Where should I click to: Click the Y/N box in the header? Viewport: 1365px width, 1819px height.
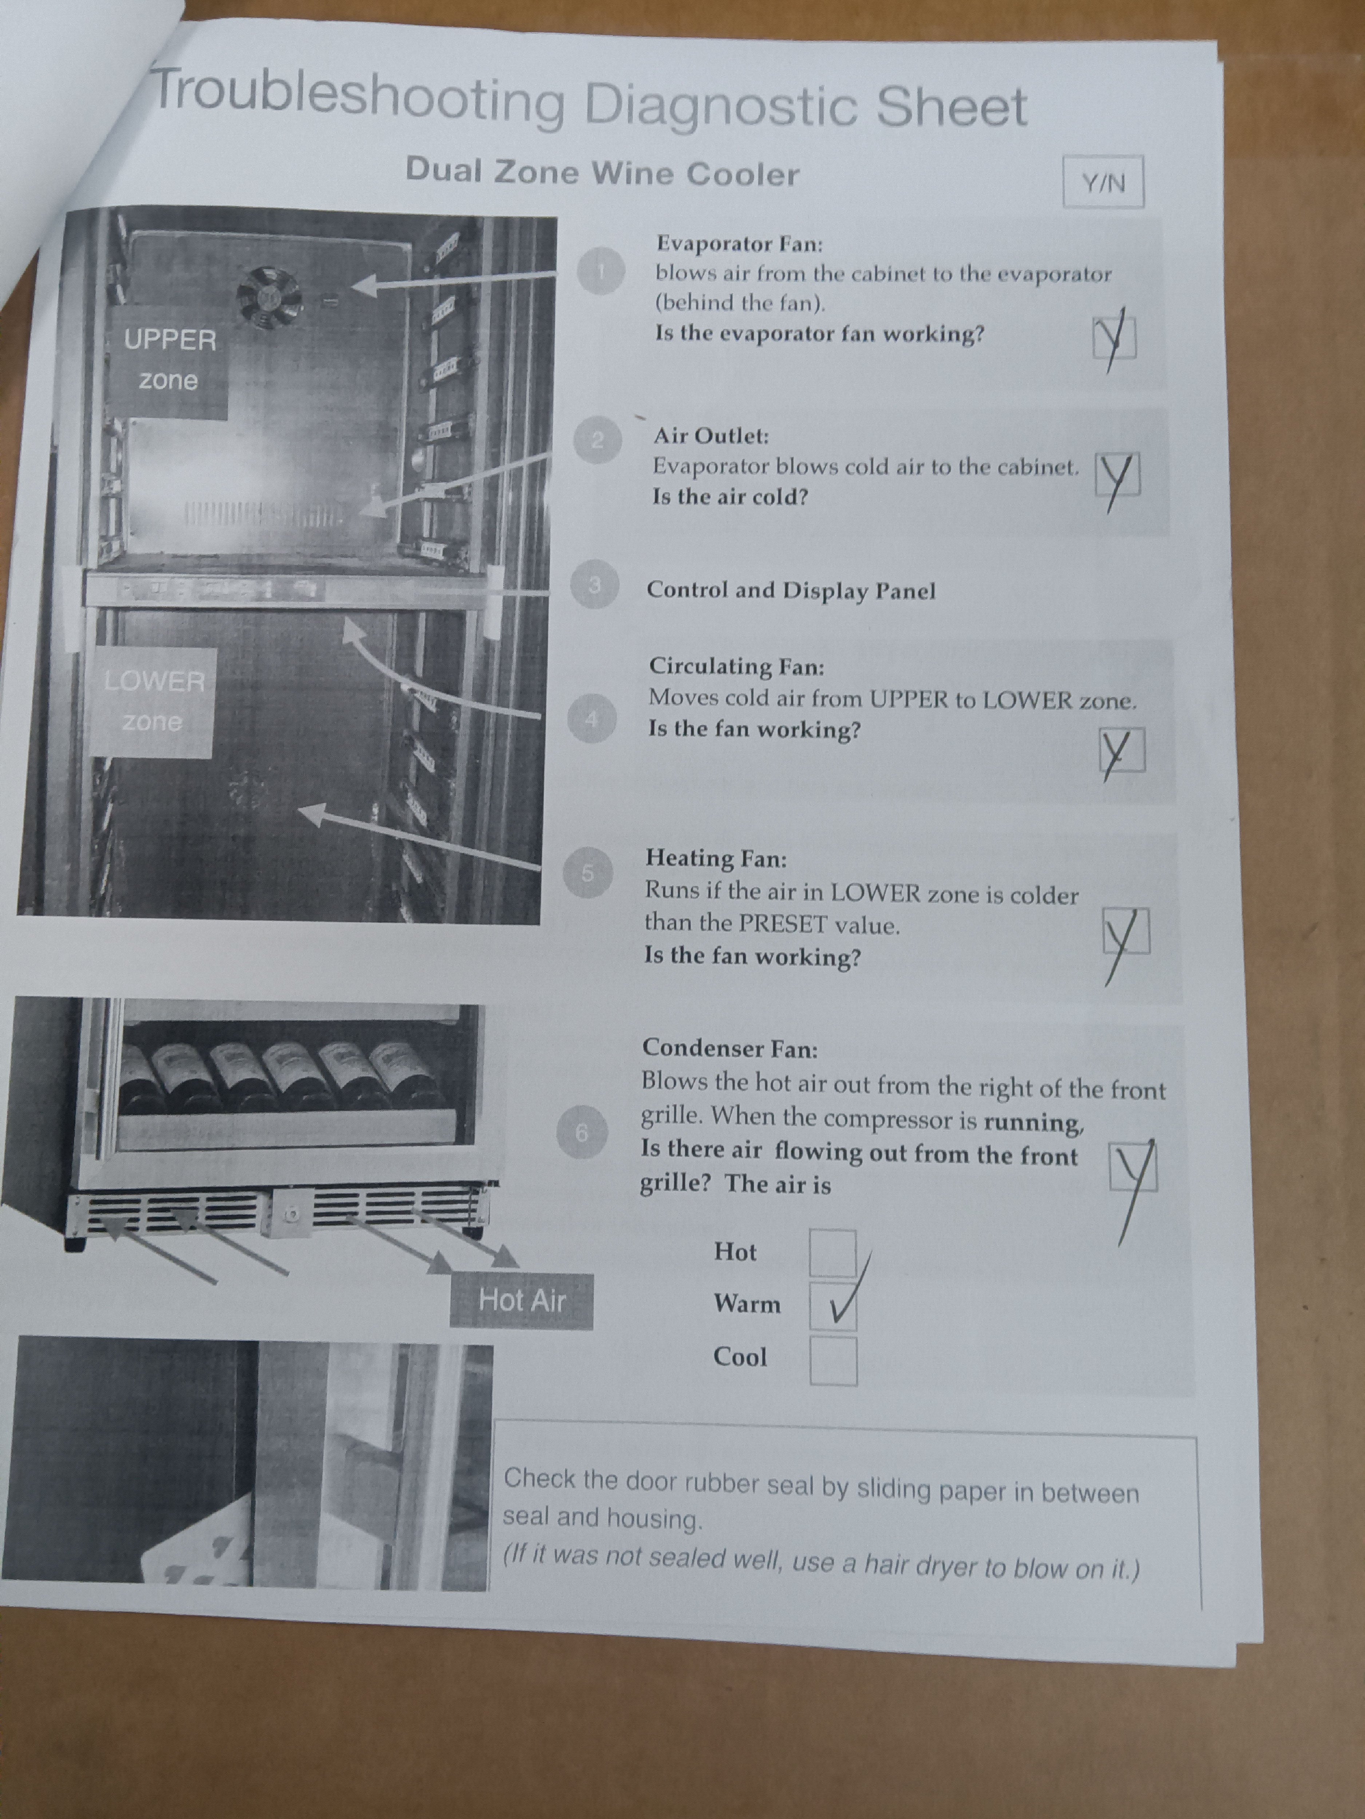click(1103, 182)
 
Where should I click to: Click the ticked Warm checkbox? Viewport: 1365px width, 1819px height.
click(833, 1306)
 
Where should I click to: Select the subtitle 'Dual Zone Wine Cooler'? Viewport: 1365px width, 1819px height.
click(602, 172)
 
